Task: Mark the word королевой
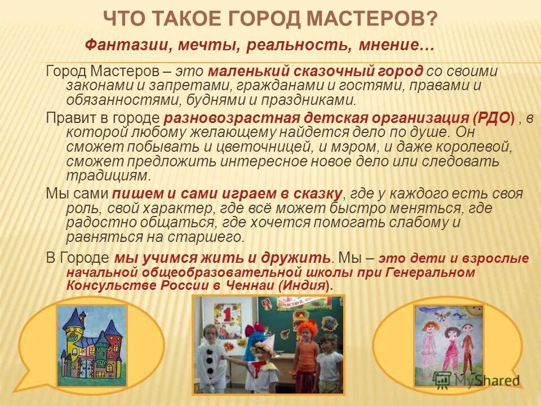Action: (x=471, y=147)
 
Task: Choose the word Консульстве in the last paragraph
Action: (x=104, y=285)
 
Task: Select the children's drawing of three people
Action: (x=449, y=345)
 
